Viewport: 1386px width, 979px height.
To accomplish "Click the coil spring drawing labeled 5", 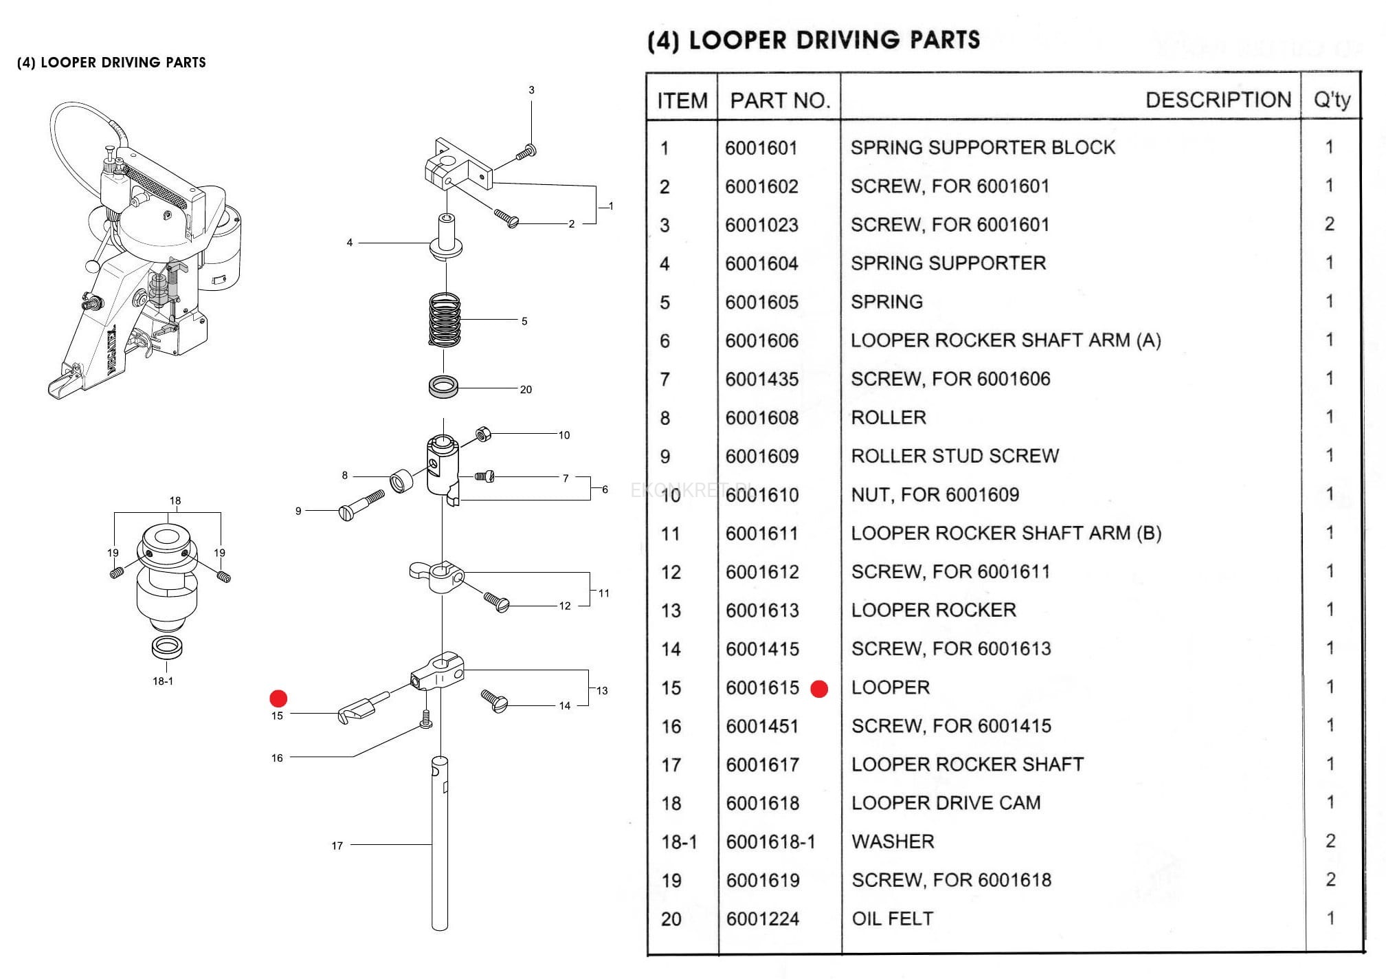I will pos(445,320).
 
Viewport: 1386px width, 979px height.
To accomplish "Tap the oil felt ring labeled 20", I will pos(444,386).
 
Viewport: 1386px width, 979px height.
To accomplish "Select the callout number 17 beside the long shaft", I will pos(337,846).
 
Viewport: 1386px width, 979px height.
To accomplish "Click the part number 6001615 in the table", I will pos(762,687).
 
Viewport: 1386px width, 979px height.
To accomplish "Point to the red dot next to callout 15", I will pos(278,698).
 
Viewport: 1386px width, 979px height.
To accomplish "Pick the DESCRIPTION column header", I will pos(1218,100).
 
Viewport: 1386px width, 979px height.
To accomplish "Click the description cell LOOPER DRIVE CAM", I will pos(946,803).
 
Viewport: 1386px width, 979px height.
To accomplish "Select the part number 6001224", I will pos(762,918).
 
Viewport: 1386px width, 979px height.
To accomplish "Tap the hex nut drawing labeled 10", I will pos(483,434).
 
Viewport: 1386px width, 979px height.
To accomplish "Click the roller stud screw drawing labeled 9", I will pos(361,505).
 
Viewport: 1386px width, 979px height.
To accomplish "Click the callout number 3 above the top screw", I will pos(531,90).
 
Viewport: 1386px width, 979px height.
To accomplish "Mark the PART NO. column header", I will pos(780,100).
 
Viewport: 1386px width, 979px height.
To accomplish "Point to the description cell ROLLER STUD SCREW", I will pos(954,456).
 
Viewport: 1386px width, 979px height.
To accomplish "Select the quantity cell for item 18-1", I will pos(1330,841).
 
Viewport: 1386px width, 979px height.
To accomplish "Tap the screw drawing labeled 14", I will pos(494,701).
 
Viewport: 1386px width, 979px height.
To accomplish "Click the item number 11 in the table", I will pos(670,533).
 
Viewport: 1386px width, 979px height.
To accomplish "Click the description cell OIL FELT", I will pos(892,918).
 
